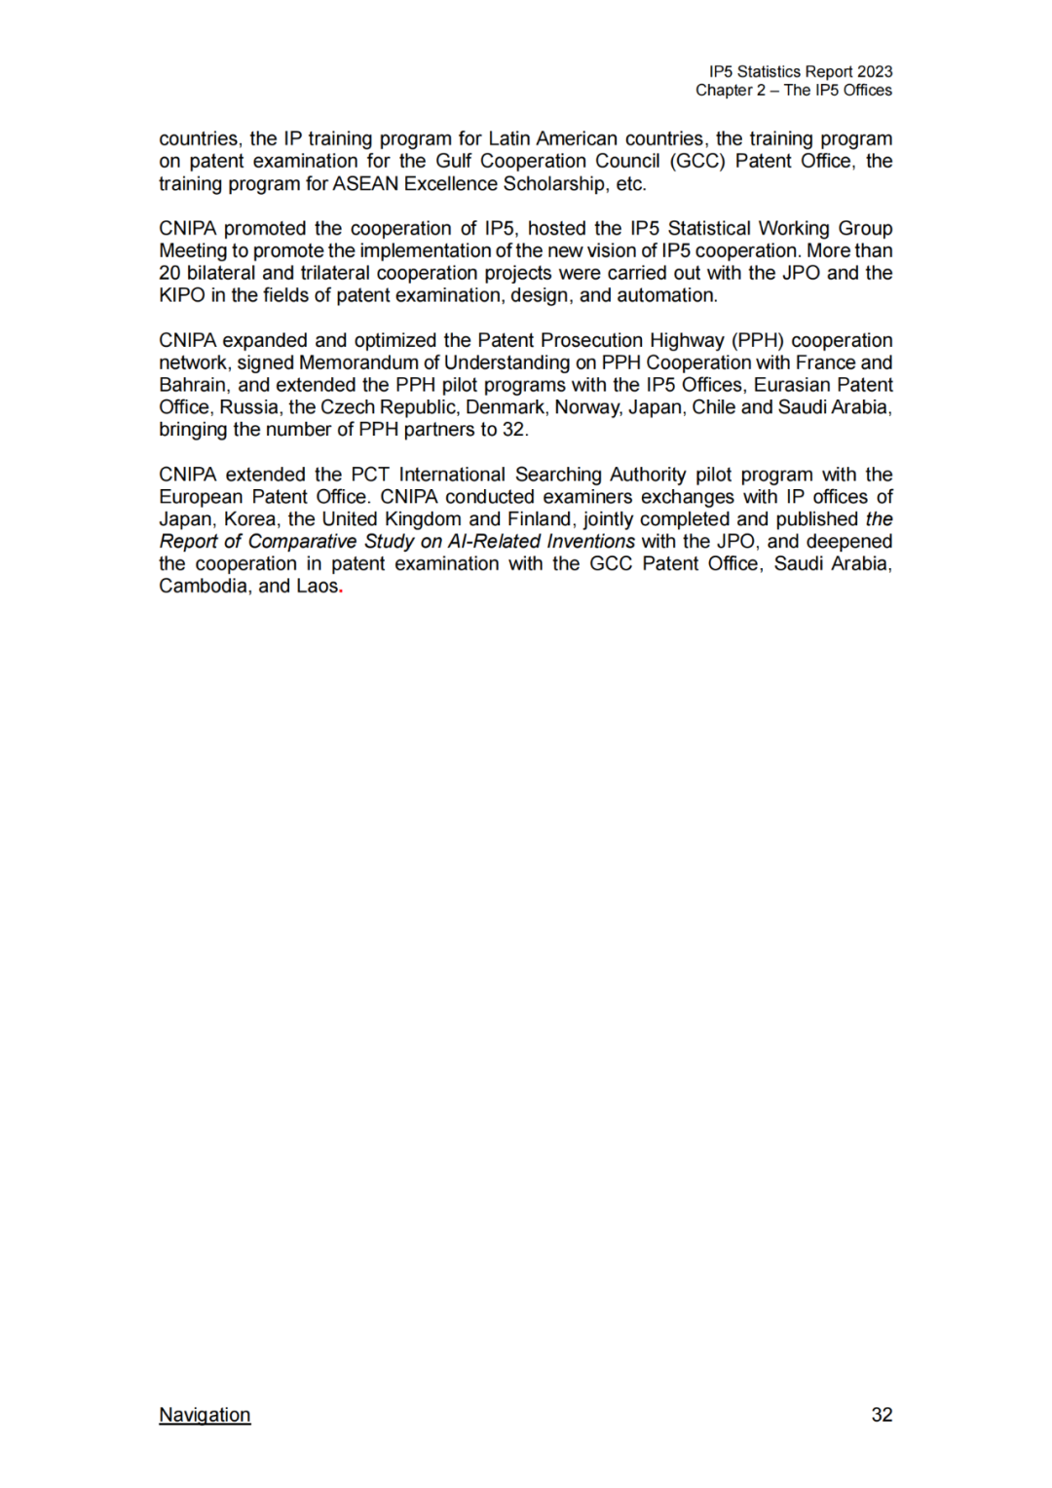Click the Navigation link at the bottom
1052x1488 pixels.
tap(205, 1415)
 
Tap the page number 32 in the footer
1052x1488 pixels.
tap(882, 1415)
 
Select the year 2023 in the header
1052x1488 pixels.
tap(875, 72)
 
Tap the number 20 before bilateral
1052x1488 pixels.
tap(169, 274)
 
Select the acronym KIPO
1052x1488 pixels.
tap(182, 296)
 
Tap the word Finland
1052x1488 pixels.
tap(539, 520)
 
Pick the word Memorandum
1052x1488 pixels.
tap(358, 363)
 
